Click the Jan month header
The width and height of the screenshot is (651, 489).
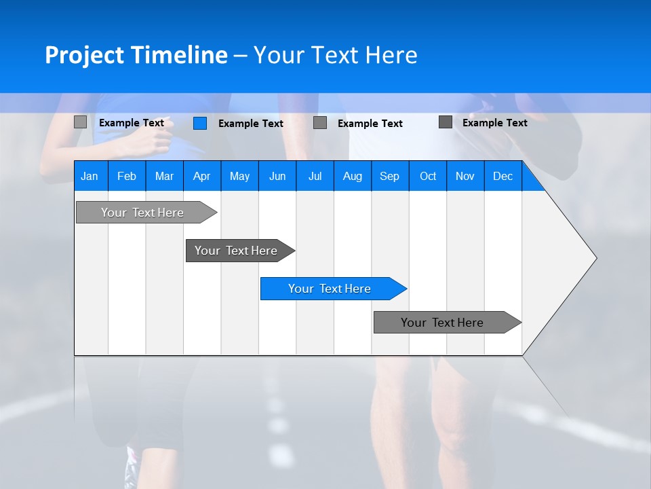click(90, 176)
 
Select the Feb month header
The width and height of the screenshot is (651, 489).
click(127, 176)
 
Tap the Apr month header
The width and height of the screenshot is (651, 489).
click(201, 176)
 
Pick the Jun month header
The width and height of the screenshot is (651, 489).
click(277, 176)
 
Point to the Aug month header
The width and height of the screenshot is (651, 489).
click(352, 176)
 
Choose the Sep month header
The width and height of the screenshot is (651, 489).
click(389, 176)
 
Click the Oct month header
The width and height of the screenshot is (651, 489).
click(428, 176)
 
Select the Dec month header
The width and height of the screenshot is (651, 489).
click(502, 176)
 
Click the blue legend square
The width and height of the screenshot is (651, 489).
click(200, 123)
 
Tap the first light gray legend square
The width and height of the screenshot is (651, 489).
click(81, 122)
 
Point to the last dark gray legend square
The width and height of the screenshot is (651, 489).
click(446, 122)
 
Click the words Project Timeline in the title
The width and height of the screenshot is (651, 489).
click(136, 55)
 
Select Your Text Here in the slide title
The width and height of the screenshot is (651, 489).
click(335, 55)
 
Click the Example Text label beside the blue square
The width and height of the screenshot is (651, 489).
click(250, 124)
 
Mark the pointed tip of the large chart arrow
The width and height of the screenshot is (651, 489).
click(595, 258)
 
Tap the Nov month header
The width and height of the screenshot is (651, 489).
click(465, 176)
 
